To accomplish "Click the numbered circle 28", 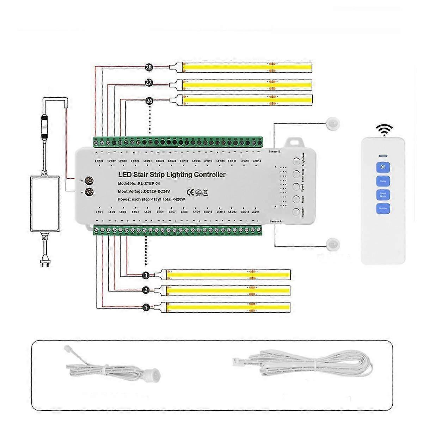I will (149, 67).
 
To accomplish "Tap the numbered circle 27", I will (149, 83).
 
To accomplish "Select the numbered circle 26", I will (149, 101).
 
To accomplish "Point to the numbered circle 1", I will (146, 307).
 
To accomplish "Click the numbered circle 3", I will (146, 275).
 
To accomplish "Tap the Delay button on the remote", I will (383, 182).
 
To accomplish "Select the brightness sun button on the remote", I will (383, 167).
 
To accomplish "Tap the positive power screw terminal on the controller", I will (90, 181).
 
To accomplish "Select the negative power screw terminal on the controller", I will (90, 192).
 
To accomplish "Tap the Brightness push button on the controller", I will (296, 161).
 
